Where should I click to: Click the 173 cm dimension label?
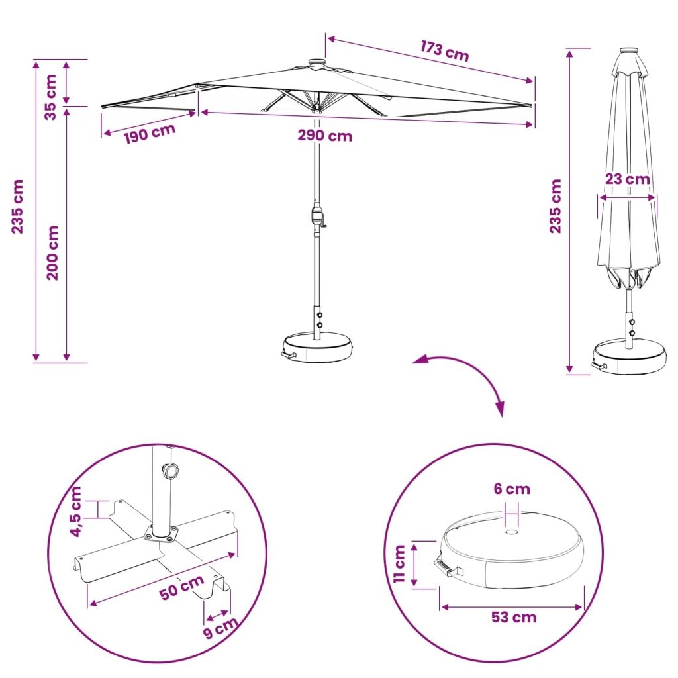coord(444,51)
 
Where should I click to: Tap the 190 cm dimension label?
coord(150,134)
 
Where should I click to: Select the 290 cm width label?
coord(324,136)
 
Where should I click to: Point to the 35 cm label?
coord(50,97)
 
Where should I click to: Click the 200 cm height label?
coord(52,253)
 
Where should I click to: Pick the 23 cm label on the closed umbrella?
coord(627,179)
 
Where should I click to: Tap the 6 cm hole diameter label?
coord(512,489)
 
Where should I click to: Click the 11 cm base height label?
coord(400,564)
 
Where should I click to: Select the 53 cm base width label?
coord(514,617)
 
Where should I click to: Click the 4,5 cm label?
coord(75,512)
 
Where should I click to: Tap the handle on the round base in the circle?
coord(448,568)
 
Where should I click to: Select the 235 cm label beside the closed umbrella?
coord(556,207)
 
